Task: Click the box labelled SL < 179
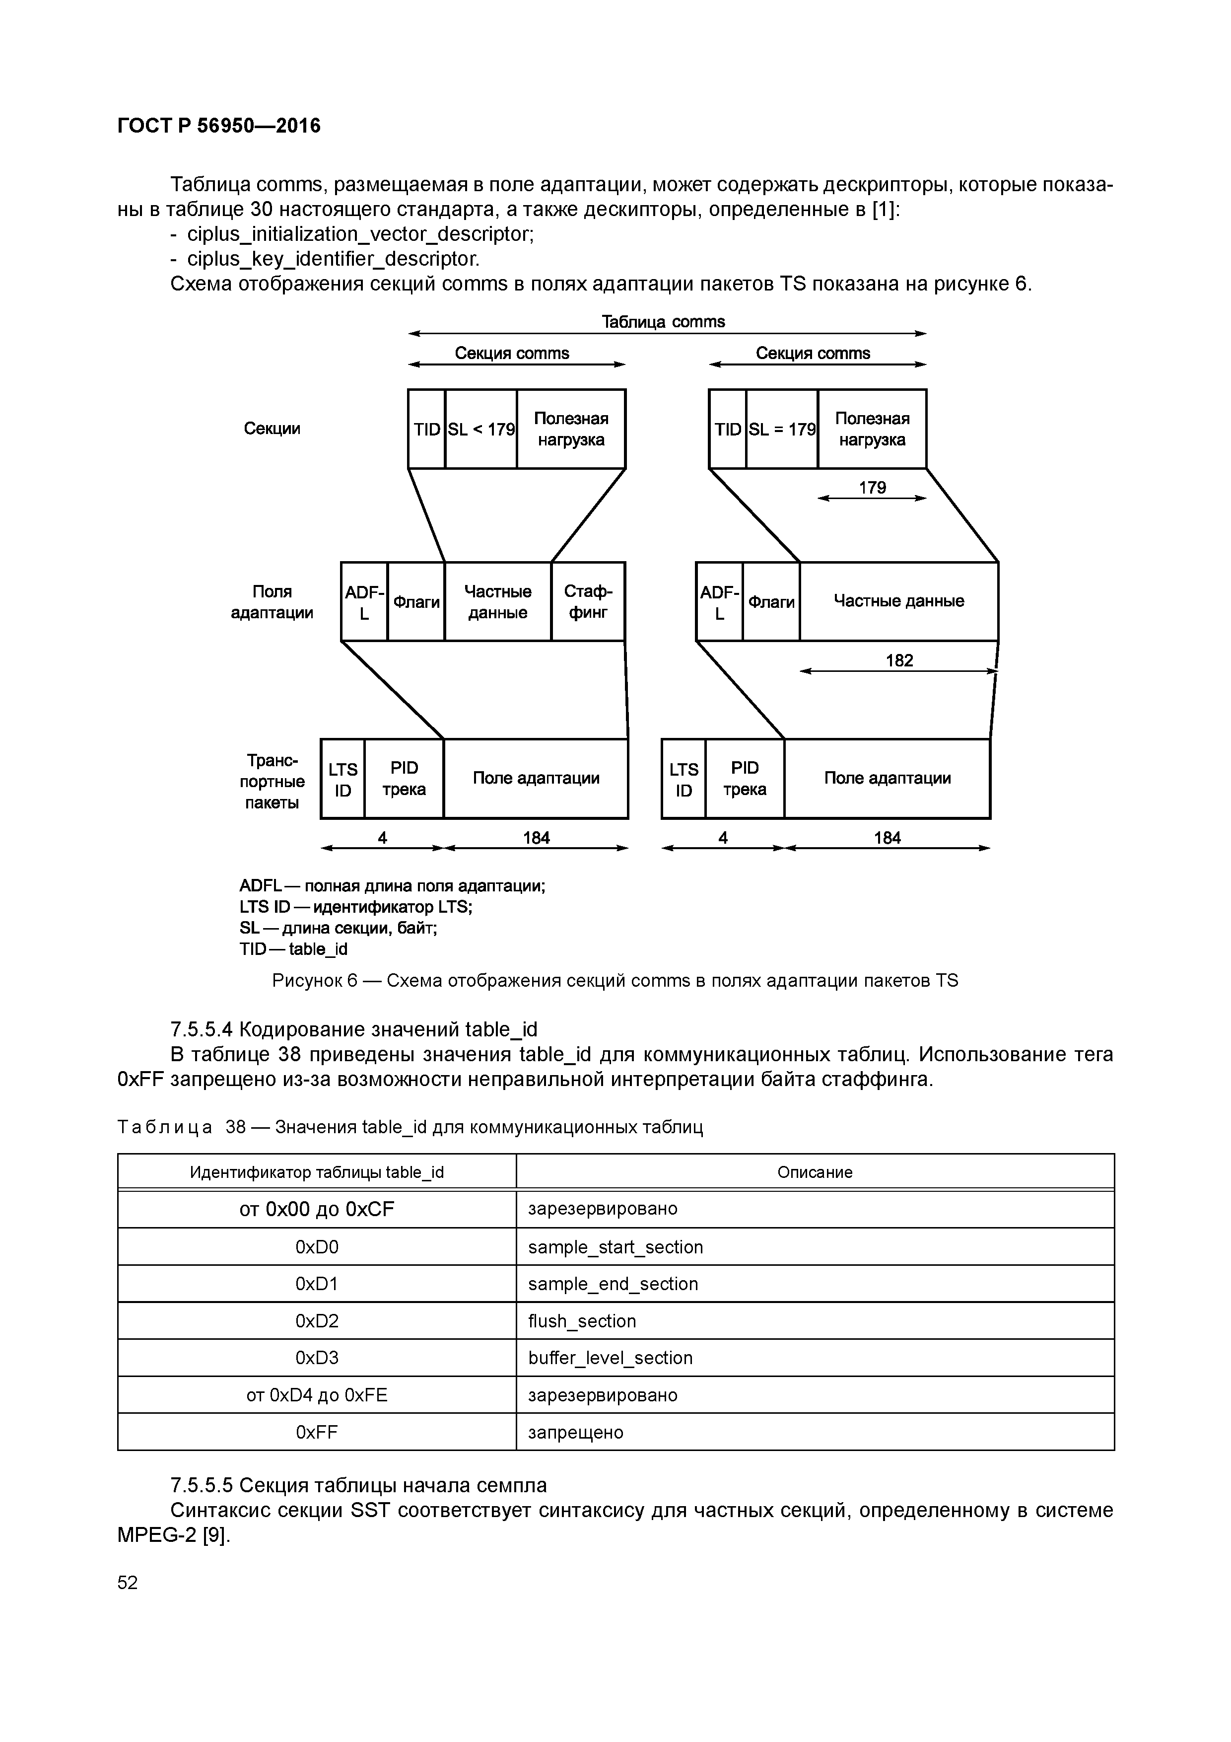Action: pyautogui.click(x=481, y=430)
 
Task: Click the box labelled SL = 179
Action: pyautogui.click(x=782, y=430)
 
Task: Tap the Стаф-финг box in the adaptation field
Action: pyautogui.click(x=588, y=602)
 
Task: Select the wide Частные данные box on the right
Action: pyautogui.click(x=899, y=602)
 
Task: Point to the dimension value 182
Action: pyautogui.click(x=899, y=660)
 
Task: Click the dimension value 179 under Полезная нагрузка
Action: pyautogui.click(x=872, y=488)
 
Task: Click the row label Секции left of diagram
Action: pyautogui.click(x=272, y=429)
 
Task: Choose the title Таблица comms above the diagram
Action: pyautogui.click(x=663, y=322)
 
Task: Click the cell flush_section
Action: pyautogui.click(x=582, y=1321)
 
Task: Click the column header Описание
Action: pyautogui.click(x=815, y=1172)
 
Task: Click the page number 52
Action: pyautogui.click(x=128, y=1582)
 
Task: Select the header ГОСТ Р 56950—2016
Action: pyautogui.click(x=219, y=126)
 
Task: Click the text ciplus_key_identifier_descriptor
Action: pyautogui.click(x=333, y=260)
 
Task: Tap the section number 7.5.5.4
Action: pyautogui.click(x=201, y=1029)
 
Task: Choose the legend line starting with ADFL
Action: pyautogui.click(x=392, y=885)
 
